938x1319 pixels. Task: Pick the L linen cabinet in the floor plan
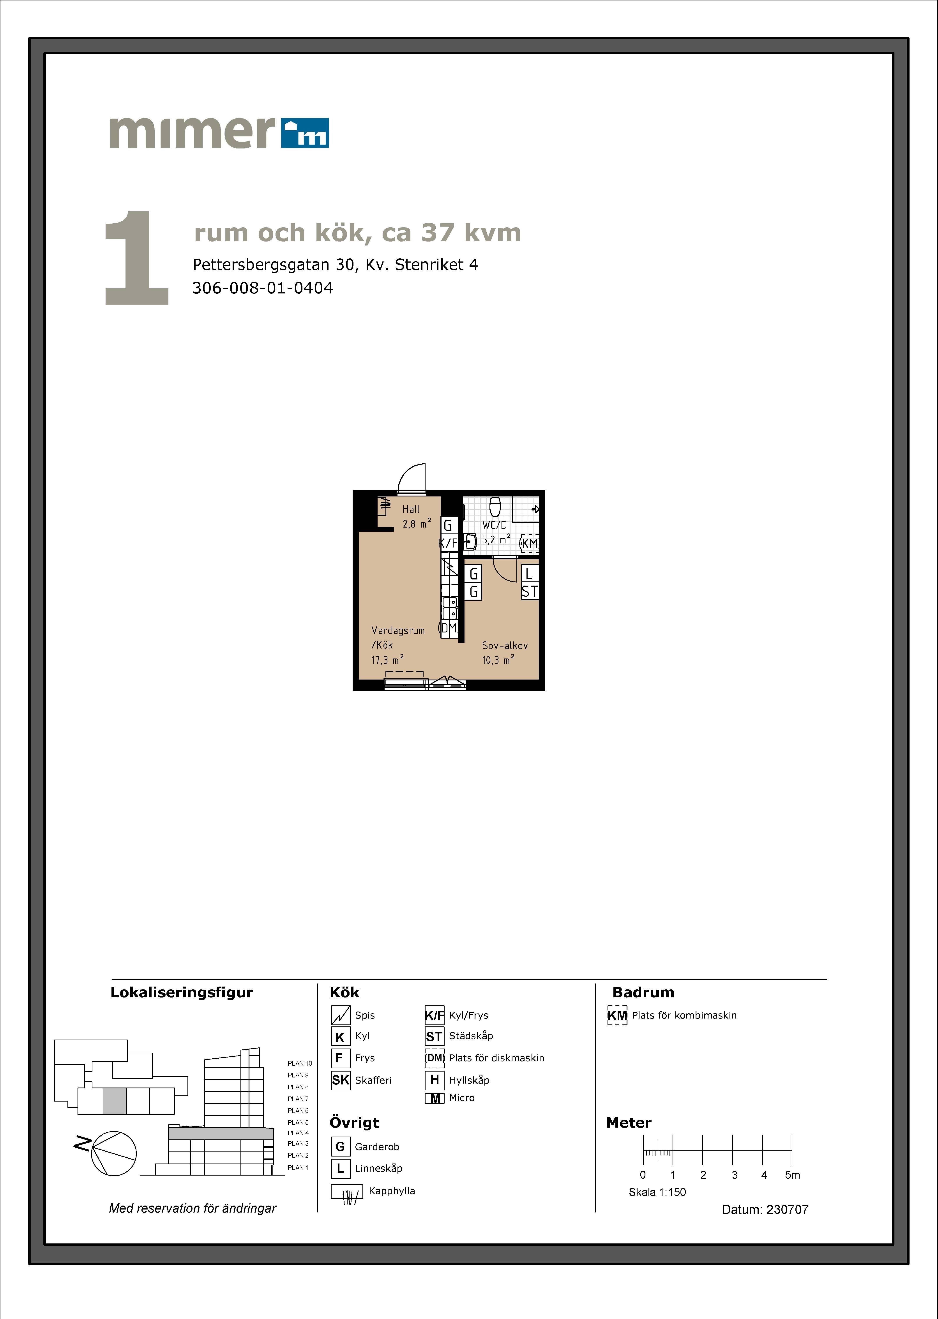[530, 574]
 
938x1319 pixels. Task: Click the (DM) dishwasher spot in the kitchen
[448, 628]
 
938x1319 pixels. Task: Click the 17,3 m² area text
[387, 660]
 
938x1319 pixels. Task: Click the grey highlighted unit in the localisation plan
[114, 1101]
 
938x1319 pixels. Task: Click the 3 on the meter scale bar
[734, 1175]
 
